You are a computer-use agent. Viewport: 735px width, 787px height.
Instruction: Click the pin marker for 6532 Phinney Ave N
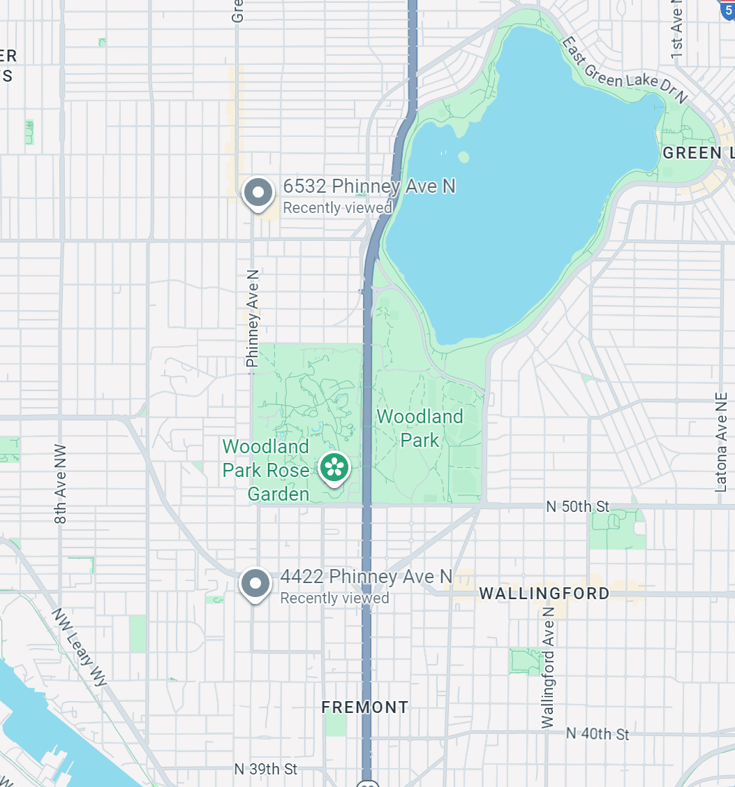(x=258, y=192)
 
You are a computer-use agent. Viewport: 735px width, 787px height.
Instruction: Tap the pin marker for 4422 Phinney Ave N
(x=255, y=583)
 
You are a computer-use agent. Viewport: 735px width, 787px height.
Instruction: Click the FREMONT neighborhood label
(x=364, y=707)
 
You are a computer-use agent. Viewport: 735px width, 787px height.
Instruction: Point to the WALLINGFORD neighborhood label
(x=544, y=594)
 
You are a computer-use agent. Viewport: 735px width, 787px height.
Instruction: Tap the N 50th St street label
(x=577, y=506)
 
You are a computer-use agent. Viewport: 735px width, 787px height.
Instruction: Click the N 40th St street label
(x=597, y=733)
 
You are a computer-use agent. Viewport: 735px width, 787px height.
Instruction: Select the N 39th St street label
(x=265, y=769)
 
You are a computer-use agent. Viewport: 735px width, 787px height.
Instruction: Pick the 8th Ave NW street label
(x=61, y=484)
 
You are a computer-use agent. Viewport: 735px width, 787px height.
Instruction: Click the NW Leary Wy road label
(x=79, y=647)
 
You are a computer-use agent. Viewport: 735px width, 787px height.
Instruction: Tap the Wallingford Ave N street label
(x=548, y=668)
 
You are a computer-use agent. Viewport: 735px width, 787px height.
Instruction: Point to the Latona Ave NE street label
(x=721, y=441)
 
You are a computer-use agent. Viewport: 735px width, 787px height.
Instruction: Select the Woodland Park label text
(x=420, y=428)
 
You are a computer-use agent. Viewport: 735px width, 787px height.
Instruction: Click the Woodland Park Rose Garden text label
(x=266, y=470)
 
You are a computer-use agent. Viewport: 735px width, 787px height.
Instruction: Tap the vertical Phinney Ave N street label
(x=252, y=318)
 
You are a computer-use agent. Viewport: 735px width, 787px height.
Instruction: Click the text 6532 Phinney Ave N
(x=369, y=186)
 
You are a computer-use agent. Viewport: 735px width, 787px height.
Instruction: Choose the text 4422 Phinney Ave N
(x=366, y=577)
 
